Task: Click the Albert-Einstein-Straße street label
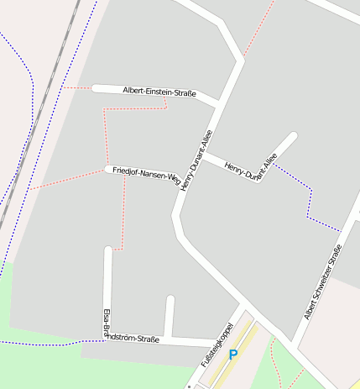click(159, 92)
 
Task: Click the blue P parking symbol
click(233, 355)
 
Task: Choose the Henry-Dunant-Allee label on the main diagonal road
click(196, 159)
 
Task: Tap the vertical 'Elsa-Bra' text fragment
click(107, 323)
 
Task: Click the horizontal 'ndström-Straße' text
click(131, 339)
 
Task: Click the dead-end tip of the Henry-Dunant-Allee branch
click(294, 135)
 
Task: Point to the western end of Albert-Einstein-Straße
click(96, 88)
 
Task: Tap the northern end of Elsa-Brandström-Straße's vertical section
click(107, 250)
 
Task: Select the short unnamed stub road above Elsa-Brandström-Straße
click(170, 318)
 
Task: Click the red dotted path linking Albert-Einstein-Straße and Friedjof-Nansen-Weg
click(105, 134)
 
